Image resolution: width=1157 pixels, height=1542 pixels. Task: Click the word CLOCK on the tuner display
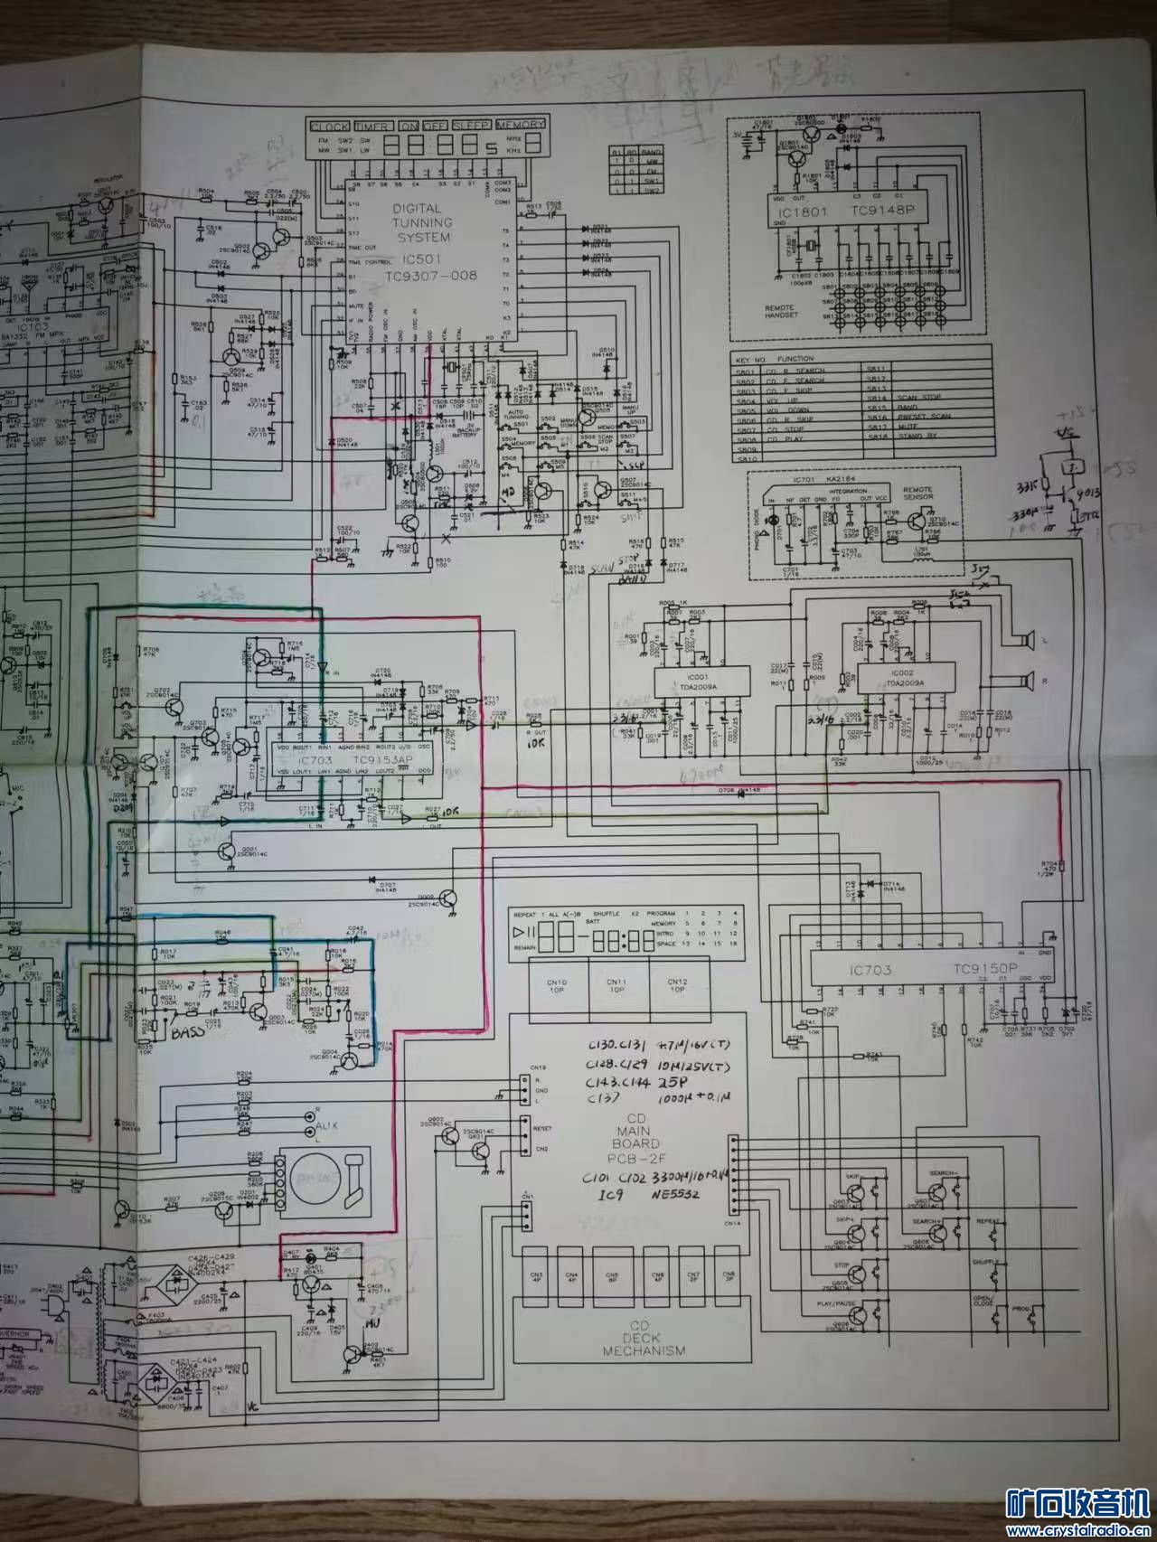click(x=329, y=126)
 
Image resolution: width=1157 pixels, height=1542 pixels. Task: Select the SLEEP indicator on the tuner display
click(x=472, y=126)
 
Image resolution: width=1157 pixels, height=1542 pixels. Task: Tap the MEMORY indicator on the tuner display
click(x=520, y=126)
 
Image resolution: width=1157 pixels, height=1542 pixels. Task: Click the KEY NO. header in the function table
click(x=754, y=359)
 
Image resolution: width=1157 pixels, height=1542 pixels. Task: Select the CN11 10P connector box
click(x=616, y=984)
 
